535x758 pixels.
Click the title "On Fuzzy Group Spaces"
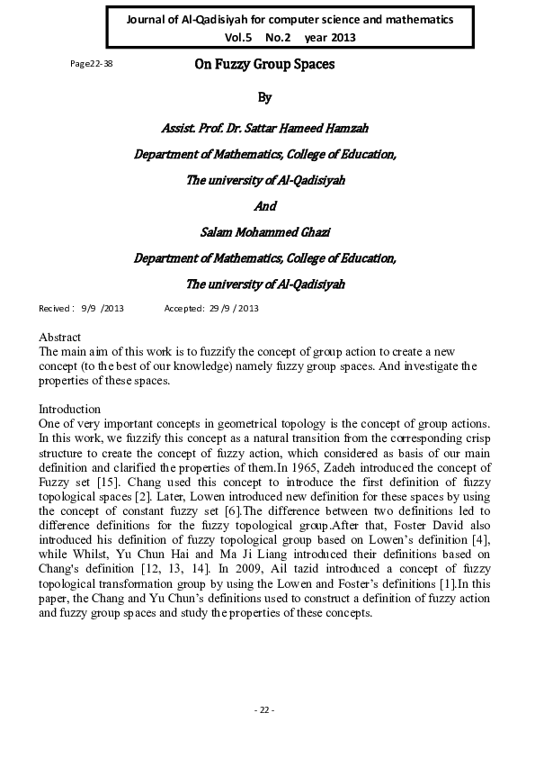click(x=265, y=65)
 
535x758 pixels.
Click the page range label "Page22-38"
click(x=91, y=65)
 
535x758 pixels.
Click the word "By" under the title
click(x=264, y=96)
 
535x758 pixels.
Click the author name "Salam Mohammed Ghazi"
click(x=265, y=231)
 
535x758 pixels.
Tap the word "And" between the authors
click(x=265, y=206)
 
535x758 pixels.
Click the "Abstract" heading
click(x=60, y=337)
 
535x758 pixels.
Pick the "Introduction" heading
click(x=69, y=409)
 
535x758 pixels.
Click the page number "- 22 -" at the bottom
click(x=264, y=710)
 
